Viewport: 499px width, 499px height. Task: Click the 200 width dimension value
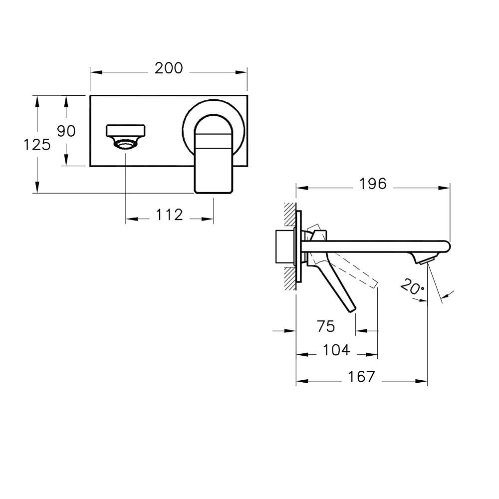click(169, 68)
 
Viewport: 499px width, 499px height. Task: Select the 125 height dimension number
click(37, 145)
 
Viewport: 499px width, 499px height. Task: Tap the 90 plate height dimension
click(66, 131)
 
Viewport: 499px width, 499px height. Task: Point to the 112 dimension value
click(170, 215)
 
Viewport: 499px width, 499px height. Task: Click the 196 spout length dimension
click(373, 184)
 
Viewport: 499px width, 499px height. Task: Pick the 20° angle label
click(412, 288)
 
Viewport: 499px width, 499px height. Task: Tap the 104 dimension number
click(336, 351)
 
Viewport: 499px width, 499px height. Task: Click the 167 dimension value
click(361, 377)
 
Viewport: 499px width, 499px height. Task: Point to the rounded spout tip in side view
click(445, 246)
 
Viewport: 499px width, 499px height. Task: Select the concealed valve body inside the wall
click(285, 247)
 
